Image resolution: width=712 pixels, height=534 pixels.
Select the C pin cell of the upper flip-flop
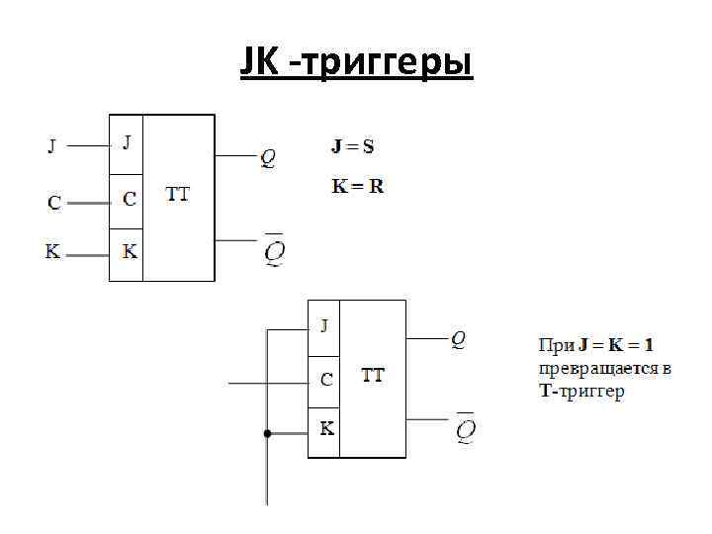click(129, 198)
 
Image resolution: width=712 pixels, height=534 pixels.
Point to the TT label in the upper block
click(177, 194)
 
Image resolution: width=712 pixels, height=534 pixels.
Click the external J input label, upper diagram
click(52, 147)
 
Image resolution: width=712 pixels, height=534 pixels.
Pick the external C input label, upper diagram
click(54, 203)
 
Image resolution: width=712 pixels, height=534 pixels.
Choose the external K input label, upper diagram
click(52, 251)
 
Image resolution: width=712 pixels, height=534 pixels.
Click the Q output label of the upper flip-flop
click(268, 157)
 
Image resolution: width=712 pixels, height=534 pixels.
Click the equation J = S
click(352, 147)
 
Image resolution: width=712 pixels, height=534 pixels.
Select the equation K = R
click(357, 186)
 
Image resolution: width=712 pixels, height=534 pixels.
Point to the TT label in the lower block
click(373, 376)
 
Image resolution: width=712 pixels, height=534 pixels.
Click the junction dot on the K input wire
click(267, 433)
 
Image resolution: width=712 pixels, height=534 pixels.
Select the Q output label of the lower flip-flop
click(458, 339)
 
